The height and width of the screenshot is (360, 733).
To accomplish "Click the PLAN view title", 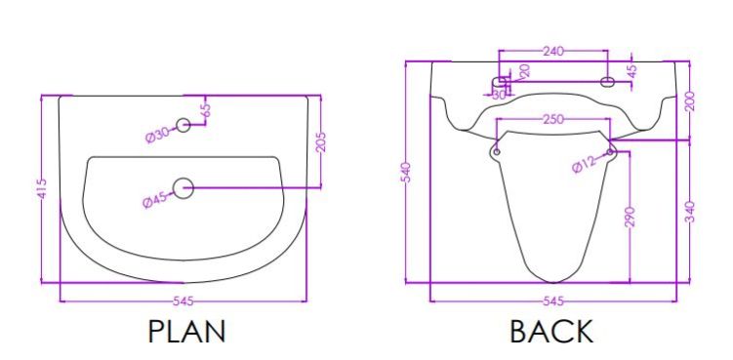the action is [x=187, y=332].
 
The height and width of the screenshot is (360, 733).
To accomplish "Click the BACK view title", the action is [x=551, y=332].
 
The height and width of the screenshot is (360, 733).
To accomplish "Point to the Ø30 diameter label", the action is [x=157, y=135].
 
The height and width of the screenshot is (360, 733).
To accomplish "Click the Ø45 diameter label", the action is [x=155, y=200].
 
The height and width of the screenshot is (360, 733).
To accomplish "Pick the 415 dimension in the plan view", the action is [x=42, y=188].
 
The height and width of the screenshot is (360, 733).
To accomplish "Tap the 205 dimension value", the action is [x=321, y=142].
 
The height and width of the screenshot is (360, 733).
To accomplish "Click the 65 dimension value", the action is [x=206, y=110].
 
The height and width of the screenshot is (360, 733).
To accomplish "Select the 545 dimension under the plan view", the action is [x=183, y=301].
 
